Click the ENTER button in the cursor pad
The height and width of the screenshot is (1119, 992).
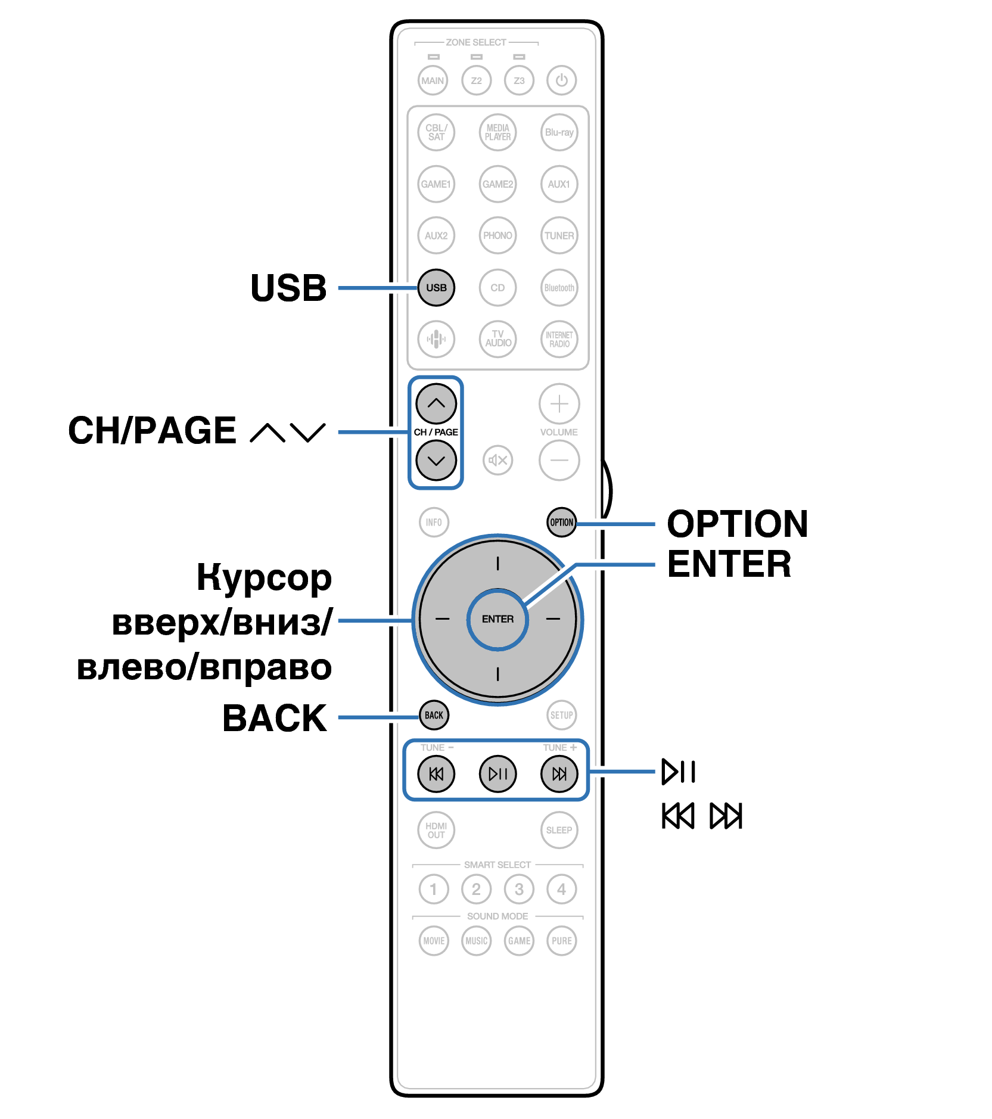point(497,619)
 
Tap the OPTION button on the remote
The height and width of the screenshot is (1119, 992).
point(561,523)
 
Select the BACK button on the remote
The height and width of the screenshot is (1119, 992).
point(434,715)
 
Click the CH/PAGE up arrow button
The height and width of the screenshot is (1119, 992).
point(436,403)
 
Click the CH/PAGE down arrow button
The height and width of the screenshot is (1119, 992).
point(436,461)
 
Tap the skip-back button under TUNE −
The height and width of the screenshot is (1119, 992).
point(436,774)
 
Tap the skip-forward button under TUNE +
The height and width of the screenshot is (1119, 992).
point(559,774)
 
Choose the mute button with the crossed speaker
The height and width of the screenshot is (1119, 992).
point(497,460)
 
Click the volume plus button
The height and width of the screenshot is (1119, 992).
point(559,404)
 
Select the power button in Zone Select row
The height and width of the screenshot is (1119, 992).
point(561,80)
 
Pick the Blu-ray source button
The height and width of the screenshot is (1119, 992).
point(559,132)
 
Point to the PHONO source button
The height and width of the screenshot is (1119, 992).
point(497,235)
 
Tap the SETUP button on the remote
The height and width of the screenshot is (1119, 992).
point(561,715)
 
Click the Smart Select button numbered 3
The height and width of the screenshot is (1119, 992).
point(519,890)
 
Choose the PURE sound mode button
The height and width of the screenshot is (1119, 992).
point(561,941)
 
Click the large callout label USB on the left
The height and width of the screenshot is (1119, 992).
point(288,288)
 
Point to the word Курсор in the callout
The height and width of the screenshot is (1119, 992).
point(264,578)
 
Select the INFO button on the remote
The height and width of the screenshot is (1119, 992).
point(434,523)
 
